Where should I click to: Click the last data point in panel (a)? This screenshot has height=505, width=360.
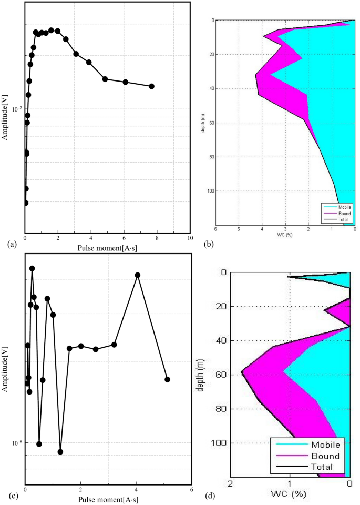click(152, 86)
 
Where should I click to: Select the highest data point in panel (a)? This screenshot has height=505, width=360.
click(51, 30)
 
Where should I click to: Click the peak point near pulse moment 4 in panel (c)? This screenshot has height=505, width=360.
click(138, 275)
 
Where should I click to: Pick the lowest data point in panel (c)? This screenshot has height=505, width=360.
click(60, 451)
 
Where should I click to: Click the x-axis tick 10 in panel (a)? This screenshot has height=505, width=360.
click(190, 238)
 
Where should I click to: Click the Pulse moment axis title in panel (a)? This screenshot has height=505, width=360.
click(107, 247)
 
